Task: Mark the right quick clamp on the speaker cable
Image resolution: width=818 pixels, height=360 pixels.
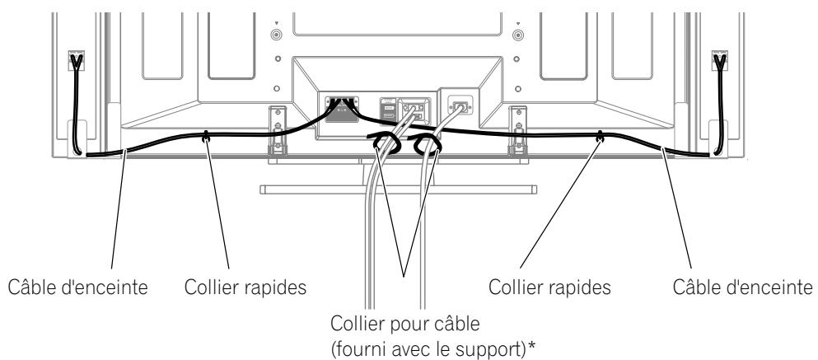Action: [601, 134]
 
